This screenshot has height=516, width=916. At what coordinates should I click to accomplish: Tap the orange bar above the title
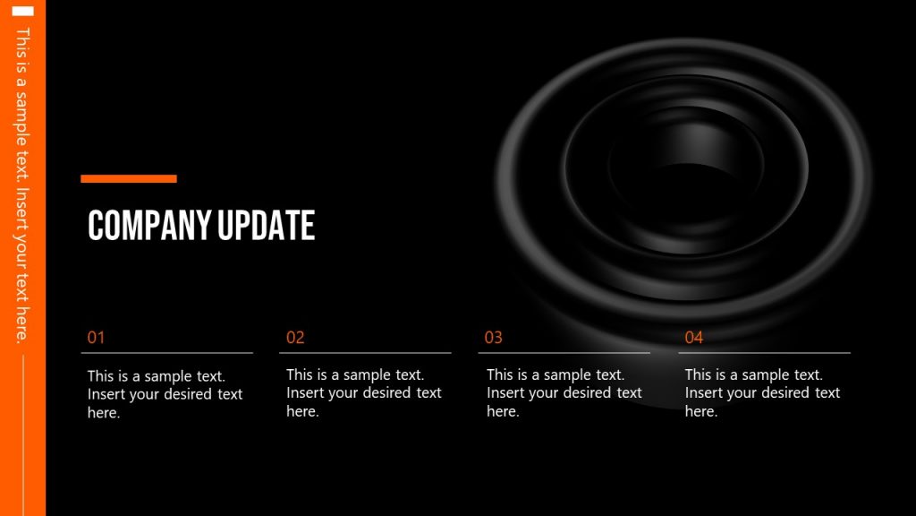pos(129,179)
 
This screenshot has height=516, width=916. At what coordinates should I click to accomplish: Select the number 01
pos(96,338)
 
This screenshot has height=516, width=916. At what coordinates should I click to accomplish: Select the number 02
pos(295,338)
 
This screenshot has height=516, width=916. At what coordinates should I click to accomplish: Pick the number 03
pos(494,338)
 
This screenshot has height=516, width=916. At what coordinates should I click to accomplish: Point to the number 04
pos(694,338)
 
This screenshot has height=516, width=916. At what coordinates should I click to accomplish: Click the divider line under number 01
pos(166,353)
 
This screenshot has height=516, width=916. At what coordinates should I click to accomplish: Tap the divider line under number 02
pos(365,353)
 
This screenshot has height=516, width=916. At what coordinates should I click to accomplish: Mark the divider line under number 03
pos(564,353)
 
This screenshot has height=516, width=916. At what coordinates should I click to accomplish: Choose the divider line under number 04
pos(764,353)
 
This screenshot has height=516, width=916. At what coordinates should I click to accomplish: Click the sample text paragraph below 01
pos(165,394)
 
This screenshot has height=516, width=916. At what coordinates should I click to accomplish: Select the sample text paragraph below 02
pos(363,392)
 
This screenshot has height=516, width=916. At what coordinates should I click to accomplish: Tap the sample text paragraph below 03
pos(564,392)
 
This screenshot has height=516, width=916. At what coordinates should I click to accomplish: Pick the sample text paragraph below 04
pos(762,392)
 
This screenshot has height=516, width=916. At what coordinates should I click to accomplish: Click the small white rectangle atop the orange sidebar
pos(23,11)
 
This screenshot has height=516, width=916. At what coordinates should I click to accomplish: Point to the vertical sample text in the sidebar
pos(23,184)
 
